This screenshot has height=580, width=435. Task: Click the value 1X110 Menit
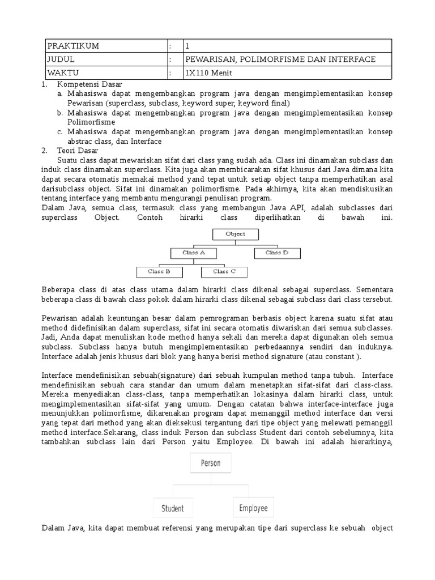[x=208, y=73]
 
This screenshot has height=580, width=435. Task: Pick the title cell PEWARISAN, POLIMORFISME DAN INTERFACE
[x=280, y=59]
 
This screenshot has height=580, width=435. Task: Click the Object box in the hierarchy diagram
[x=235, y=233]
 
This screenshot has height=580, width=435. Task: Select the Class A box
[x=193, y=253]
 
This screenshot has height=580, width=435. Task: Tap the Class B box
[x=159, y=272]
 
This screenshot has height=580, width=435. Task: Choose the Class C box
[x=224, y=272]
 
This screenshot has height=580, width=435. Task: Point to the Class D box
[x=277, y=253]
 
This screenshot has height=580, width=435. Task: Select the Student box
[x=173, y=508]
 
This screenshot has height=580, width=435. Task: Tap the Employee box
[x=253, y=507]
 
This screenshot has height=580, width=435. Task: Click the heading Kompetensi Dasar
[x=89, y=84]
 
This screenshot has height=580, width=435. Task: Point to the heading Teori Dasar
[x=78, y=151]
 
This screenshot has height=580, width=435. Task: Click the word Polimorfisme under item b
[x=91, y=122]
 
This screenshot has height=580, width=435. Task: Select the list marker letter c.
[x=59, y=132]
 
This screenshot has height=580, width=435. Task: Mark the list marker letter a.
[x=59, y=93]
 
